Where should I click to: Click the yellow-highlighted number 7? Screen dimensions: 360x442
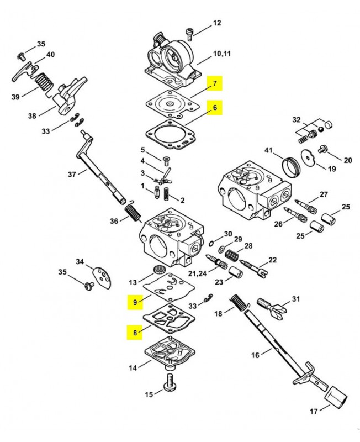pos(215,83)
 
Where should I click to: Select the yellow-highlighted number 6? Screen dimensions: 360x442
pos(215,107)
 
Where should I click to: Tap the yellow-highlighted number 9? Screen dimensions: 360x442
pos(135,302)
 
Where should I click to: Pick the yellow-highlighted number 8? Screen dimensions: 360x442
pos(135,333)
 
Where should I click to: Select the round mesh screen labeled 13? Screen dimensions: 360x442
pos(158,270)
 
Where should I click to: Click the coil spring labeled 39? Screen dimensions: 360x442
pos(44,82)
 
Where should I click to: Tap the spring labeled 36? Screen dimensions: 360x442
pos(133,212)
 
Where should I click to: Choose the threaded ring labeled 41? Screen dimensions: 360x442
pos(292,167)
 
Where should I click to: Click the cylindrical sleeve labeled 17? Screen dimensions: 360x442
pos(336,398)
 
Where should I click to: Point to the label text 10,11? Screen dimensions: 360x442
pos(222,54)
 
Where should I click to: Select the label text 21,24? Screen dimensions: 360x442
pos(198,273)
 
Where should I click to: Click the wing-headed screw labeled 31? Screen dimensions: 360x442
pos(272,309)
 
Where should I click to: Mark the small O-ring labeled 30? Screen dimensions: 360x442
pos(211,243)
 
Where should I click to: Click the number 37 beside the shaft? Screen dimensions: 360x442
pos(72,174)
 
